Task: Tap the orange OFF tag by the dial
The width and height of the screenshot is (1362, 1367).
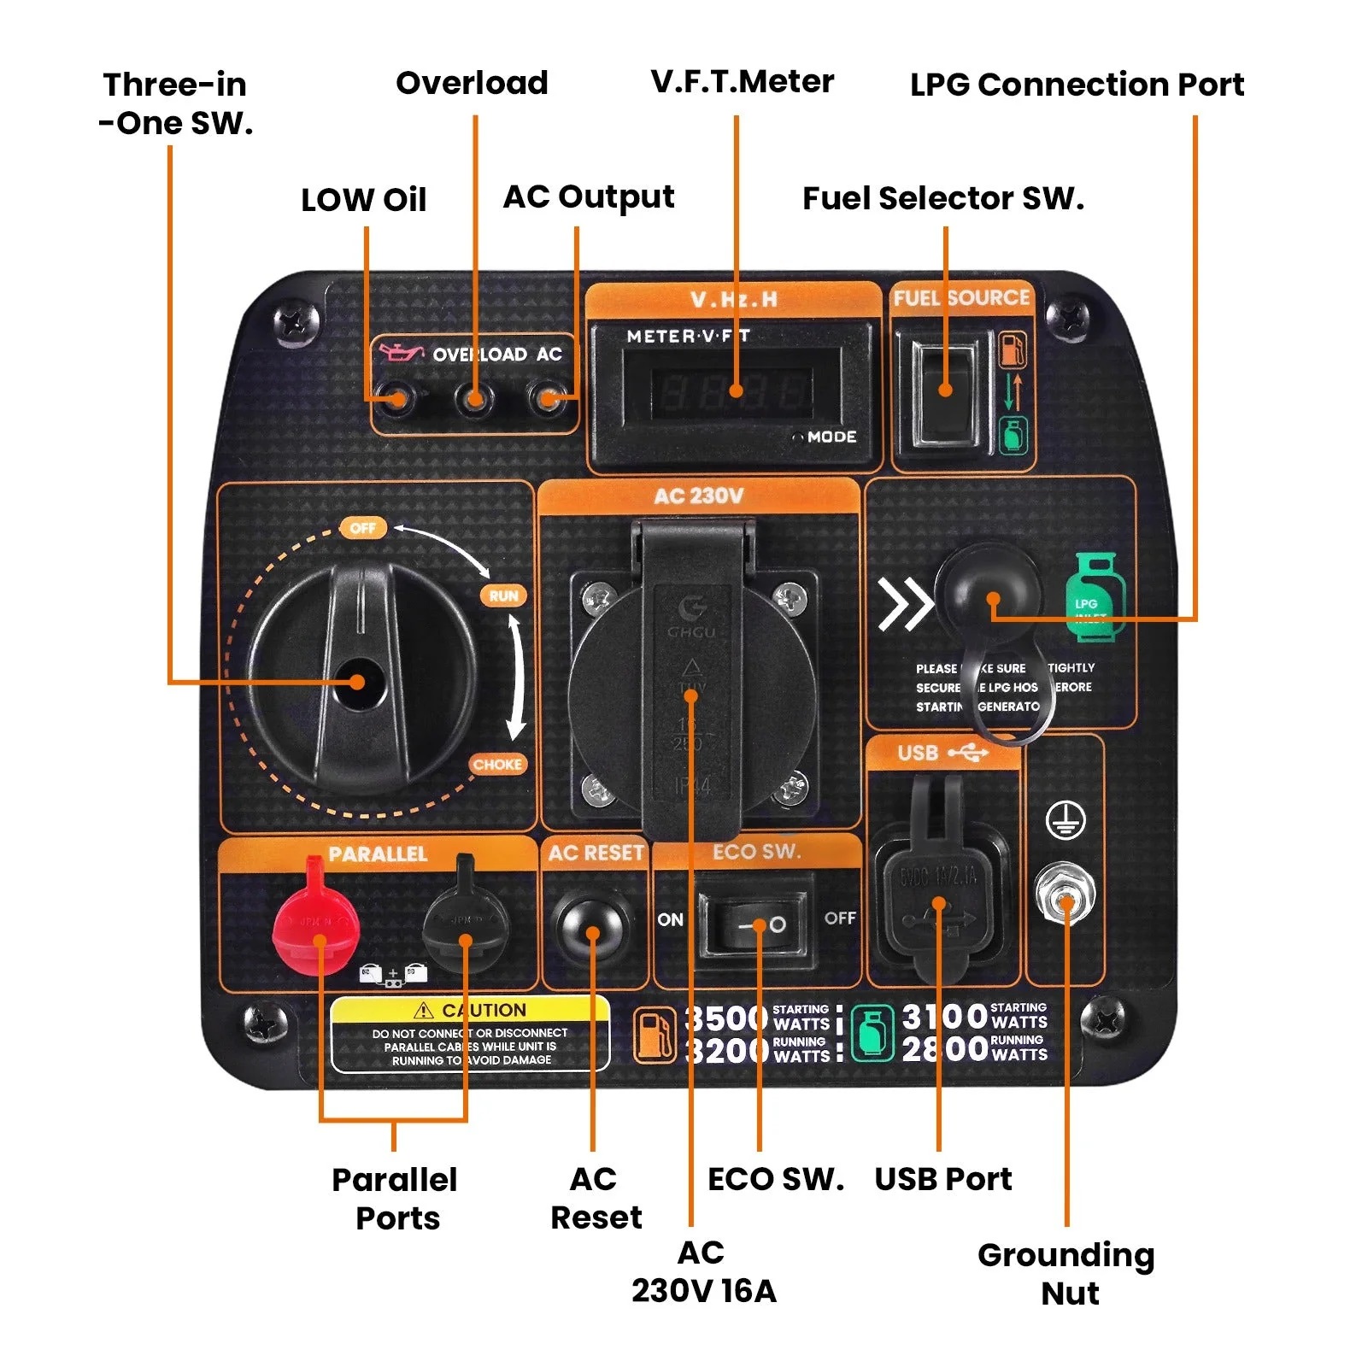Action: click(363, 528)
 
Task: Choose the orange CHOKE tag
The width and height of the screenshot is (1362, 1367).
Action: click(497, 765)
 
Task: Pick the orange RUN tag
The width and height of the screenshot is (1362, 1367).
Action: click(504, 595)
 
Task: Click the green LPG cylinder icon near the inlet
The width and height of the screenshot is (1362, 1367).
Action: click(1095, 596)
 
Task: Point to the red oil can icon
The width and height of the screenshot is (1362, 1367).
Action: click(401, 351)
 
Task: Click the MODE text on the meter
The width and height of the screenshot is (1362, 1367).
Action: click(831, 437)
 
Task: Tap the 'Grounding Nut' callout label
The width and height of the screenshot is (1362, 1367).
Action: click(1066, 1273)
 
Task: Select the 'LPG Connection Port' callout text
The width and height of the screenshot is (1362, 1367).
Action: click(1077, 85)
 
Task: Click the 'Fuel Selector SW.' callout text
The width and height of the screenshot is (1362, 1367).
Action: click(943, 198)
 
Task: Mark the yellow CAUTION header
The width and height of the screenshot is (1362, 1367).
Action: click(471, 1010)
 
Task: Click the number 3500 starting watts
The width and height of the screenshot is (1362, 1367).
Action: click(727, 1018)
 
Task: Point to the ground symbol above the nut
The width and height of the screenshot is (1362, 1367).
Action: click(1066, 821)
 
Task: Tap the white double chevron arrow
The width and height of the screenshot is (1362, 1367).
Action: click(906, 603)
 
